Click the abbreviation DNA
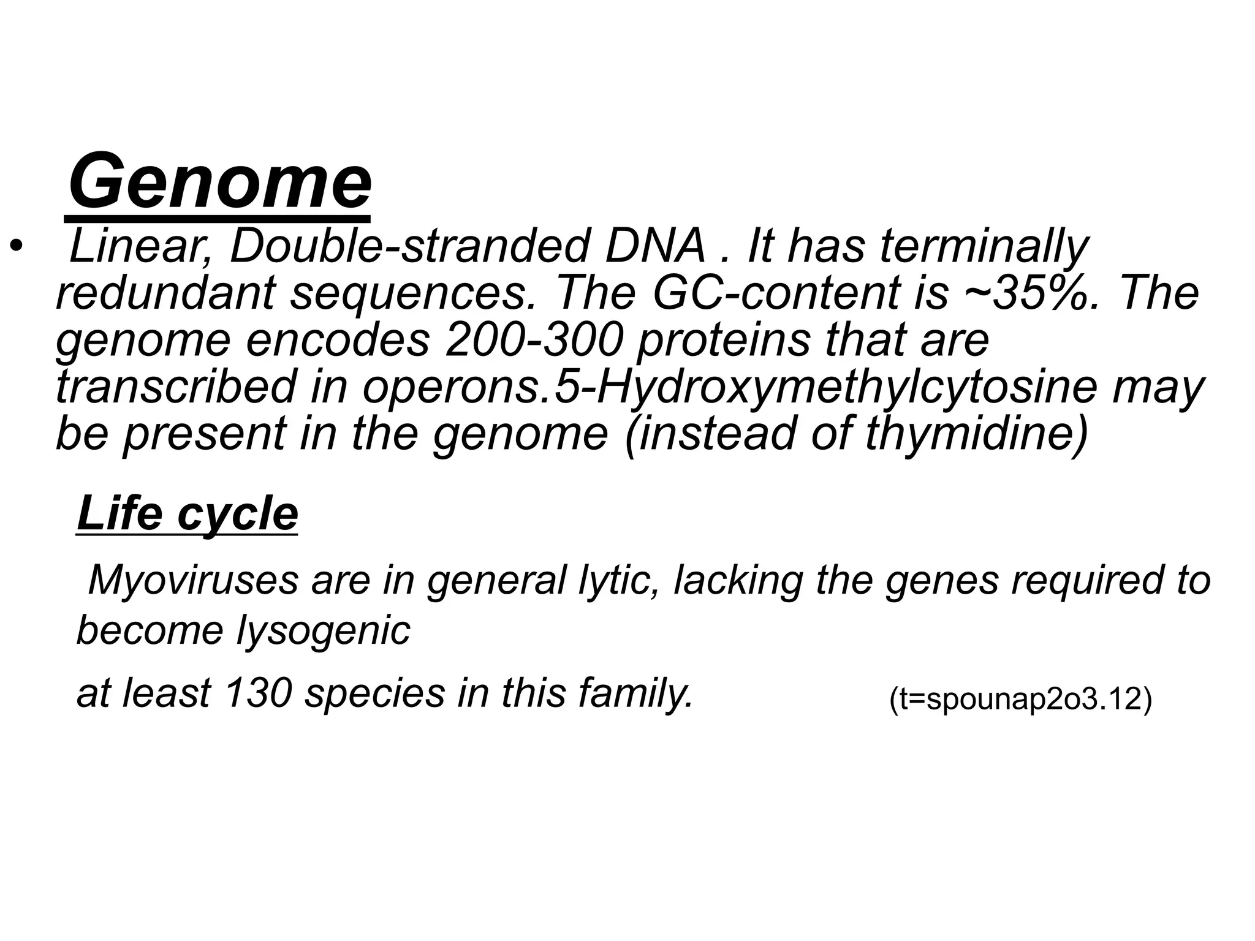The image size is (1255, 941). tap(654, 246)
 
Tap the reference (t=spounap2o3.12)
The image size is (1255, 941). tap(1020, 700)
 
